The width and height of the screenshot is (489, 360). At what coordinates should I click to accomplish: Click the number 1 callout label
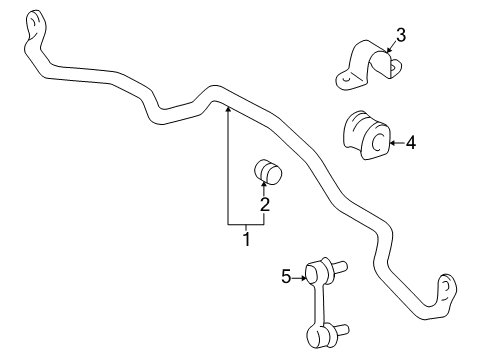pos(245,239)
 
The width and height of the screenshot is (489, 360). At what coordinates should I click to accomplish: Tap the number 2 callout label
pos(266,206)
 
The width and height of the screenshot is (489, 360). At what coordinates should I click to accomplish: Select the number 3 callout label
pos(400,37)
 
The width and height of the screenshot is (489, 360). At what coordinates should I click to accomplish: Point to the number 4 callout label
pos(410,143)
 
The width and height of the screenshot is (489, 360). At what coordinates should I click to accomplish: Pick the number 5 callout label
pos(286,277)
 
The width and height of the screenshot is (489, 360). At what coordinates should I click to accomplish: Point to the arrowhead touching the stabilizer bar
pos(228,107)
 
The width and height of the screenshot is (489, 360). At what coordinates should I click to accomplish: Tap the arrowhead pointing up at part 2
pos(266,189)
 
